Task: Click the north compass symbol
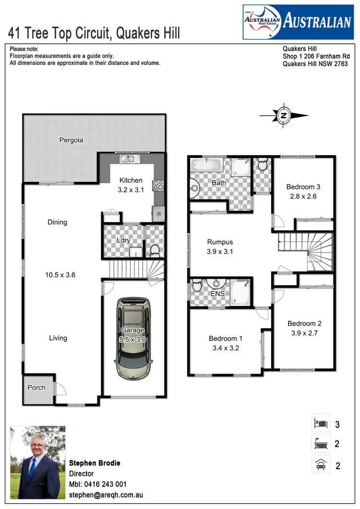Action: (x=284, y=115)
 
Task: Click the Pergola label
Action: (x=71, y=140)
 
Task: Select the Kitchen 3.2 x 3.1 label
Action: (x=131, y=185)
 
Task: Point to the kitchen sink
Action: (x=129, y=159)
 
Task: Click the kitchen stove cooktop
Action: (x=158, y=185)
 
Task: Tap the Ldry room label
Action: (x=123, y=240)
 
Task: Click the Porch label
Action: (x=36, y=388)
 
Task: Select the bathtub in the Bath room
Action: (x=206, y=167)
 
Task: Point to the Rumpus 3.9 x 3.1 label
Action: (x=220, y=246)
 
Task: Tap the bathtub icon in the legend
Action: (x=321, y=444)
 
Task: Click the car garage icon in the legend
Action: (x=321, y=464)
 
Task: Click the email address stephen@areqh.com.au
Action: (x=106, y=495)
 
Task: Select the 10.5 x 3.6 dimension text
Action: (x=60, y=275)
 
